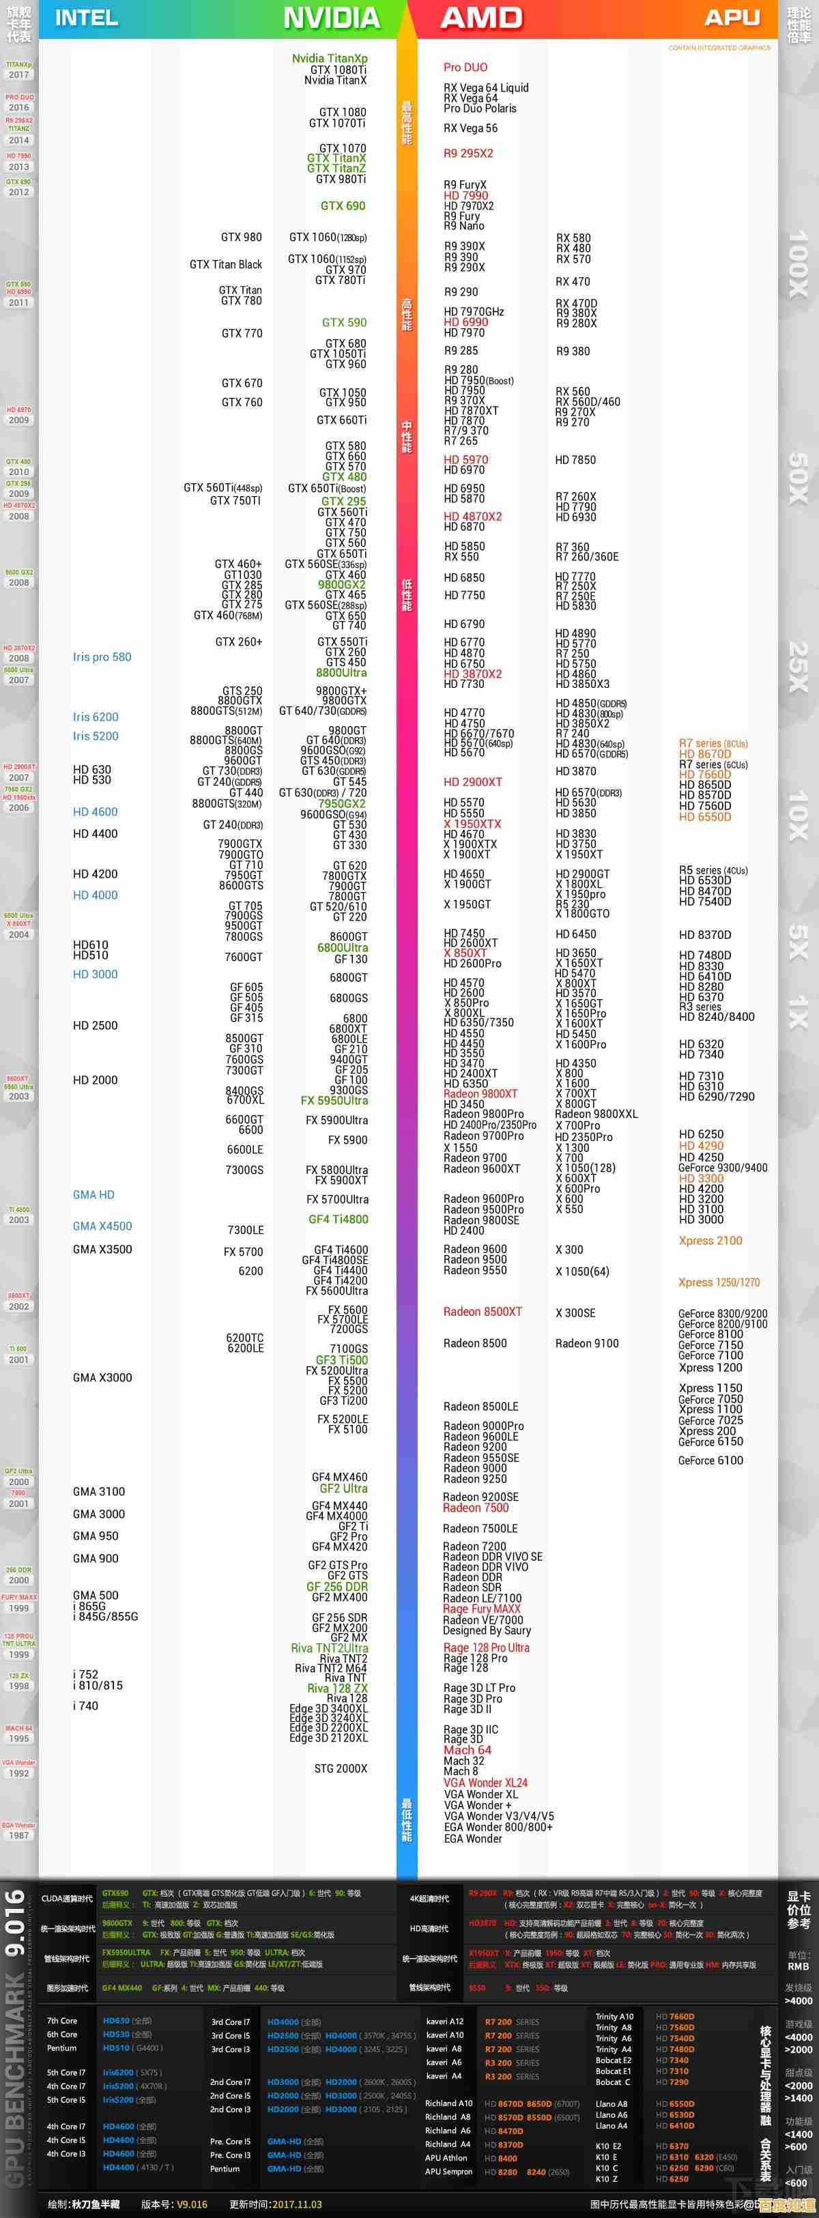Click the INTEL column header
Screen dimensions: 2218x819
[x=86, y=18]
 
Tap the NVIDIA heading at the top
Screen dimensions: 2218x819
[x=332, y=18]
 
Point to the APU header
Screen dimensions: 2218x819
[x=732, y=18]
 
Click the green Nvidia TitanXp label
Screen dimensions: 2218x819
[x=330, y=59]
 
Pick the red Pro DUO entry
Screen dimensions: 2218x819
[x=465, y=67]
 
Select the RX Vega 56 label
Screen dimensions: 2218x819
[x=470, y=128]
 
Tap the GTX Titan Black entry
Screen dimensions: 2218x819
[x=226, y=264]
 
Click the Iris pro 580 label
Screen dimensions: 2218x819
[x=102, y=657]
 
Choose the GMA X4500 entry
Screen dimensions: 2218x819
[x=102, y=1226]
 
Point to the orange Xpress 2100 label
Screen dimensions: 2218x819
[x=710, y=1241]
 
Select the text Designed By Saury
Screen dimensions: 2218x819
[x=487, y=1631]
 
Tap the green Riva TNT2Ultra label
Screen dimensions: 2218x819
[x=329, y=1648]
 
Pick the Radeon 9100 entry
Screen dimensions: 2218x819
[x=586, y=1343]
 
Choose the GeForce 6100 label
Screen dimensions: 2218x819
[x=710, y=1460]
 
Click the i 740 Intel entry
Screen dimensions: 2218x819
[x=85, y=1705]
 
